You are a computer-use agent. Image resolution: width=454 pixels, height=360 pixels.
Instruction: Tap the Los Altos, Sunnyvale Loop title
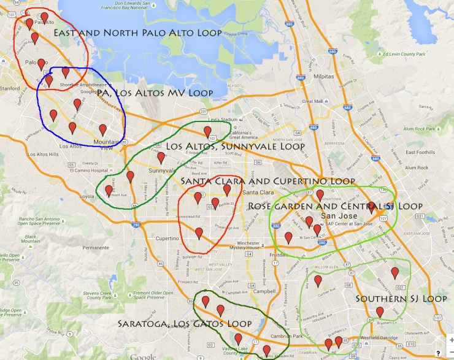[235, 147]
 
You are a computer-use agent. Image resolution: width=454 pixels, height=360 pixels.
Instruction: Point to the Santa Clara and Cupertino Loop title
[268, 182]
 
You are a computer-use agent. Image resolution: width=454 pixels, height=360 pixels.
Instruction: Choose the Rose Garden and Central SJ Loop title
[336, 206]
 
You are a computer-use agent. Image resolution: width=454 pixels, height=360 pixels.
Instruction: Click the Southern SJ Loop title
[401, 299]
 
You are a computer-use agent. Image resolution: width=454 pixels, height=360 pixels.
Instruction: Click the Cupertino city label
[167, 238]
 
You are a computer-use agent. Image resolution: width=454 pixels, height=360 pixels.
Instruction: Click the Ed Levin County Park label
[404, 55]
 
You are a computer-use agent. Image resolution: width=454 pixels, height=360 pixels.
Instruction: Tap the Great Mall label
[313, 101]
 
